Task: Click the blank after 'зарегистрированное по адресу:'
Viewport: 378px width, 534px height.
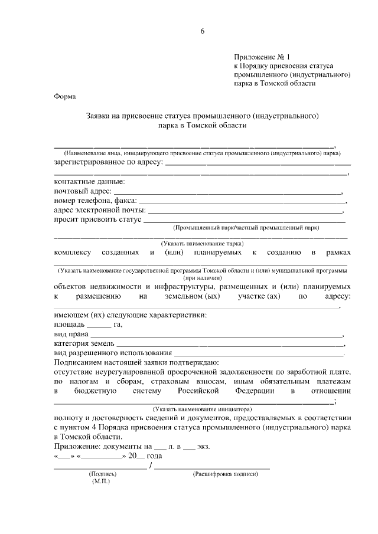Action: [258, 163]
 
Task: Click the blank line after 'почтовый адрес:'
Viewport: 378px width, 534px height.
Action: [227, 192]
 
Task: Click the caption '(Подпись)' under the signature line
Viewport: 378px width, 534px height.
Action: [103, 474]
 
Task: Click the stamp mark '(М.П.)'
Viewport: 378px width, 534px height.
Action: [101, 482]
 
